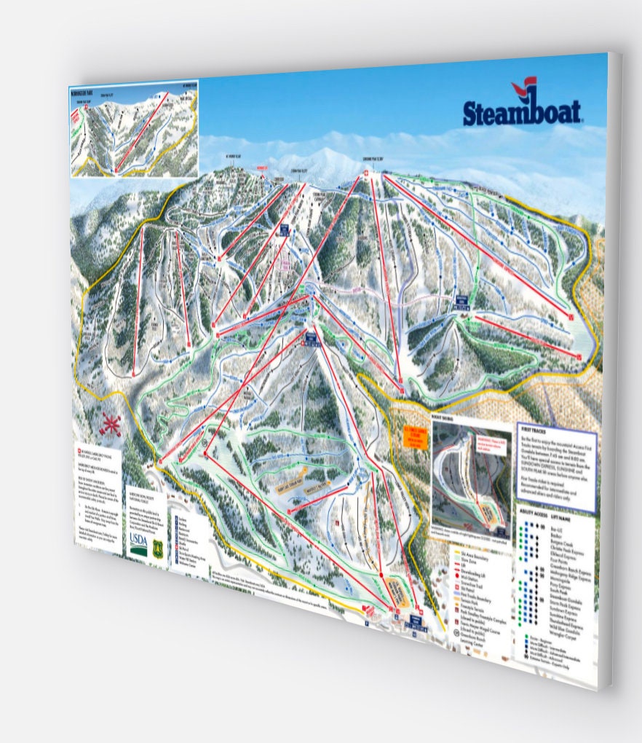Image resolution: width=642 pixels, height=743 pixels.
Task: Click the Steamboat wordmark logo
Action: coord(522,112)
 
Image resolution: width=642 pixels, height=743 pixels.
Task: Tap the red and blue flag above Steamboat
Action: coord(523,89)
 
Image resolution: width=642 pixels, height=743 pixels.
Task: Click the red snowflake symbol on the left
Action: coord(111,424)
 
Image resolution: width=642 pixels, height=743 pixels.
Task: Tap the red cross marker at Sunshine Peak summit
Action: coord(365,173)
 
